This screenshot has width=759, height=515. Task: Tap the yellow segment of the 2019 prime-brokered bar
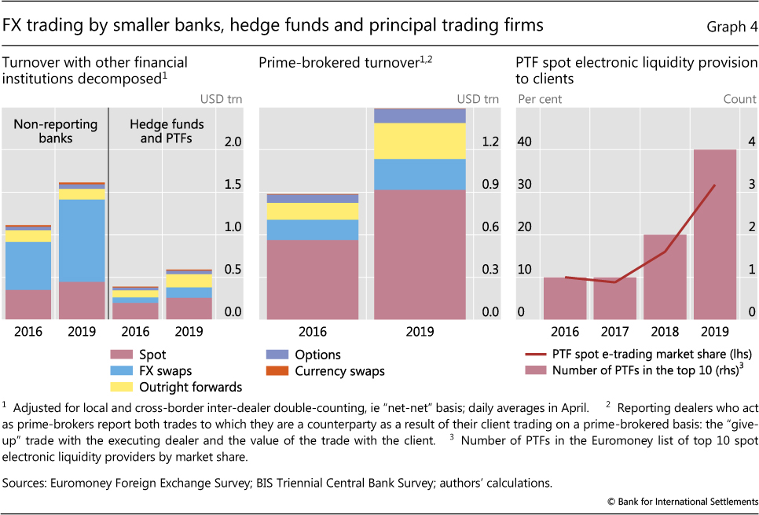[420, 141]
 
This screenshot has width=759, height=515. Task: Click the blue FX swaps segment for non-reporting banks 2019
[82, 240]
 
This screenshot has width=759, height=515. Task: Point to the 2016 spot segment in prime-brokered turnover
[313, 279]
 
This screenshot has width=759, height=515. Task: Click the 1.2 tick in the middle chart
[490, 142]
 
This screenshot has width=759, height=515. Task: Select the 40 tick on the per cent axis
[524, 142]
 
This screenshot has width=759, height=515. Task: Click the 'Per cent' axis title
[538, 99]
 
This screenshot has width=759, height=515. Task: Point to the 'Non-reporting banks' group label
[55, 131]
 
